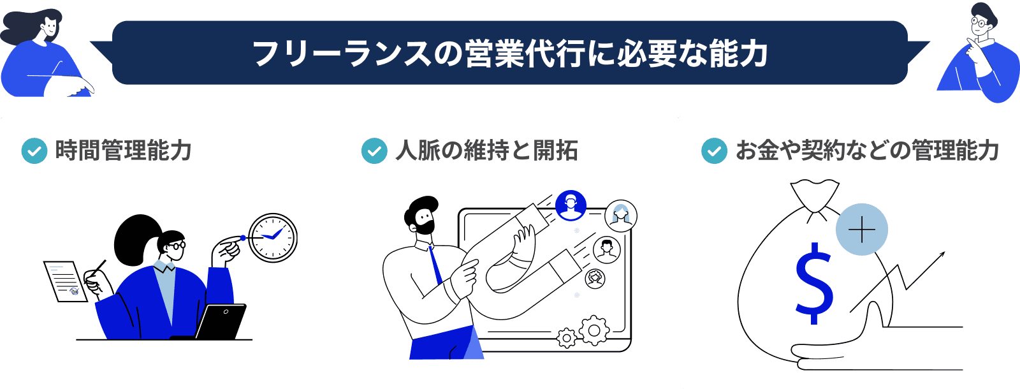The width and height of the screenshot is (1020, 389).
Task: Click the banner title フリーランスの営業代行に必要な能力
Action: [510, 54]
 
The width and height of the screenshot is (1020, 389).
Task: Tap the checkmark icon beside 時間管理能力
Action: [34, 151]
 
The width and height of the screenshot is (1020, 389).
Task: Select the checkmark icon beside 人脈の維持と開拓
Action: [374, 151]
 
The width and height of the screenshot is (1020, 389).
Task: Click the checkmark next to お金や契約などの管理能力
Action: [714, 151]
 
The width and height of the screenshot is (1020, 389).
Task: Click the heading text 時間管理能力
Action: [123, 151]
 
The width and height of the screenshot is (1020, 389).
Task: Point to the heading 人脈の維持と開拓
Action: [486, 151]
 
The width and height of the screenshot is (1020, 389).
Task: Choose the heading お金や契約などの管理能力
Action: [867, 151]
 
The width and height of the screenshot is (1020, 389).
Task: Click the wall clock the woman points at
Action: [273, 238]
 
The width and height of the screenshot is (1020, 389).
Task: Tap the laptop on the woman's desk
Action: [220, 322]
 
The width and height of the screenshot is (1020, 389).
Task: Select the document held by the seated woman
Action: [64, 281]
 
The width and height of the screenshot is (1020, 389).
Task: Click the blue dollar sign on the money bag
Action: [814, 284]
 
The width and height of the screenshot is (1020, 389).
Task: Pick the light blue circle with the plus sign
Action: [861, 230]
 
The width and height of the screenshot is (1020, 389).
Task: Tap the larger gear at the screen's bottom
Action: [594, 330]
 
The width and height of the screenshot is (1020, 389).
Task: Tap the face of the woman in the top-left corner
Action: [50, 27]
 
